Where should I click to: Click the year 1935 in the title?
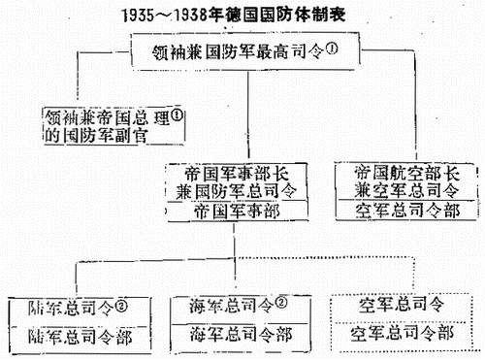[x=138, y=16]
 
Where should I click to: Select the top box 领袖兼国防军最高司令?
[x=245, y=51]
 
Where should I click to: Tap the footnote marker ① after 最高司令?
[x=332, y=49]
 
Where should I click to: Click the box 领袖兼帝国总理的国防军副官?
[x=114, y=126]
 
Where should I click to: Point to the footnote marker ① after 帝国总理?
[x=177, y=115]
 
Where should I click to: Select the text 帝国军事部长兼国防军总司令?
[x=236, y=182]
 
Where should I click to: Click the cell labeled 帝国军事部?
[x=237, y=212]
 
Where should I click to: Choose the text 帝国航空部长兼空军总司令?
[x=406, y=181]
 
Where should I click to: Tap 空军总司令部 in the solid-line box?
[x=407, y=211]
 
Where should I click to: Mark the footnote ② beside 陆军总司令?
[x=121, y=307]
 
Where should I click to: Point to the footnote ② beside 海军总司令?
[x=280, y=304]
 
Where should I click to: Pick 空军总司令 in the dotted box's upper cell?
[x=402, y=305]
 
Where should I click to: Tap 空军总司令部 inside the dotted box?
[x=402, y=334]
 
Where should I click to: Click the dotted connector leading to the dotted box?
[x=325, y=257]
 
